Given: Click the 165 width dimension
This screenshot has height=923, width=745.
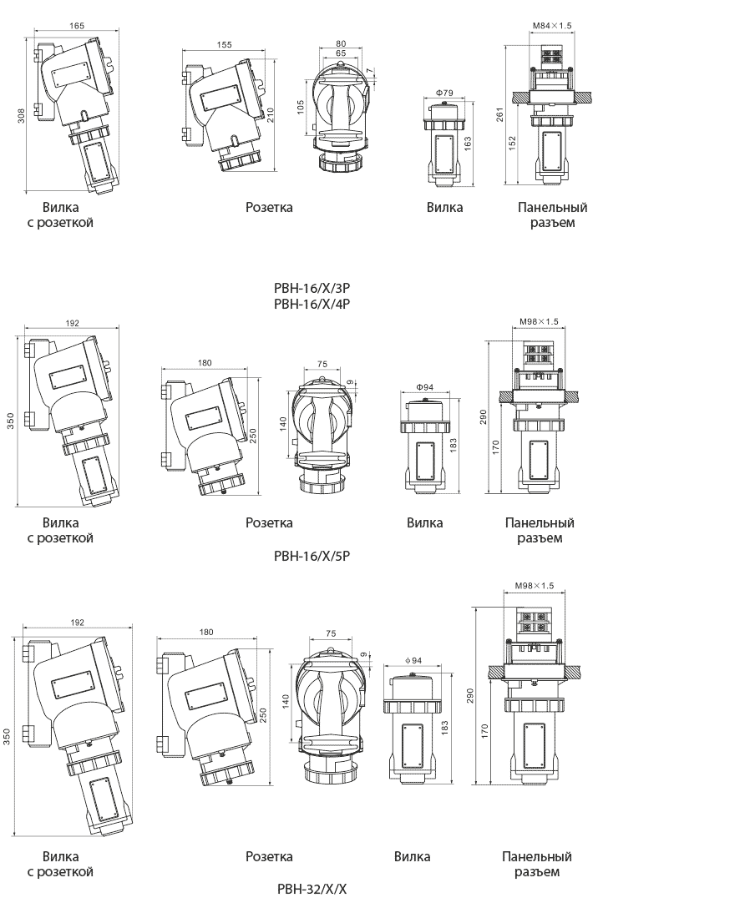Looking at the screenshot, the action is tap(77, 26).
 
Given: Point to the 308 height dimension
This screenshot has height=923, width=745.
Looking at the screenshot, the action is tap(21, 115).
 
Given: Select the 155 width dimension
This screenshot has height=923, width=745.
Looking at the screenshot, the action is tap(224, 45).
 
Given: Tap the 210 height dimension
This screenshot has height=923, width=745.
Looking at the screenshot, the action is tap(271, 115).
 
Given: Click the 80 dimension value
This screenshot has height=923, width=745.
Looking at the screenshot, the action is tap(341, 43).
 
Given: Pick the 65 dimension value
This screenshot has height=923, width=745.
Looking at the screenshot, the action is tap(341, 53).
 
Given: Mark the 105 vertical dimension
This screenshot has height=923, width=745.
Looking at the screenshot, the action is tap(301, 107).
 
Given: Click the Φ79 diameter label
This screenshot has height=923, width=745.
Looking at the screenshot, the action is tap(444, 93).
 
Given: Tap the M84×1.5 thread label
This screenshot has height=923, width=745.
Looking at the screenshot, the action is tap(552, 26).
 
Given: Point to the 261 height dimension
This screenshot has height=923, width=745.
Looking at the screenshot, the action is tap(499, 114).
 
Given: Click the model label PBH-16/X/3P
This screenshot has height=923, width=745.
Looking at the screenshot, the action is tap(312, 289).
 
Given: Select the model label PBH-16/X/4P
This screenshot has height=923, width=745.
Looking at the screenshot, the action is tap(312, 304).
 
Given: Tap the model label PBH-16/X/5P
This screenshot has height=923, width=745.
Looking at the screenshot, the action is tap(312, 556).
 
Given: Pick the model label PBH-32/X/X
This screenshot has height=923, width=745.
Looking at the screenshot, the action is tap(312, 889).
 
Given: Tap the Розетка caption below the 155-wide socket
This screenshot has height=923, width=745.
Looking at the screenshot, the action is tap(269, 207).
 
